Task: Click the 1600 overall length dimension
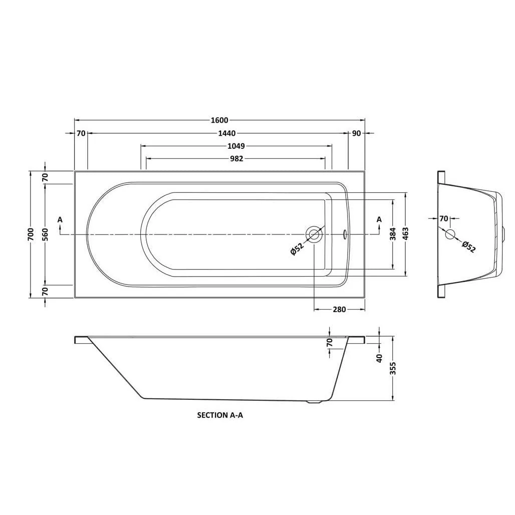[x=219, y=120]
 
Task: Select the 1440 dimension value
[x=227, y=133]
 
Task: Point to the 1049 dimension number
[x=236, y=146]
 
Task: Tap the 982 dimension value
[x=236, y=159]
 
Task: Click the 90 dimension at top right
[x=356, y=133]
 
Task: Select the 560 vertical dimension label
[x=45, y=234]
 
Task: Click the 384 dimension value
[x=393, y=234]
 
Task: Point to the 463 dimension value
[x=405, y=234]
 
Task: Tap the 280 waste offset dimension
[x=339, y=310]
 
